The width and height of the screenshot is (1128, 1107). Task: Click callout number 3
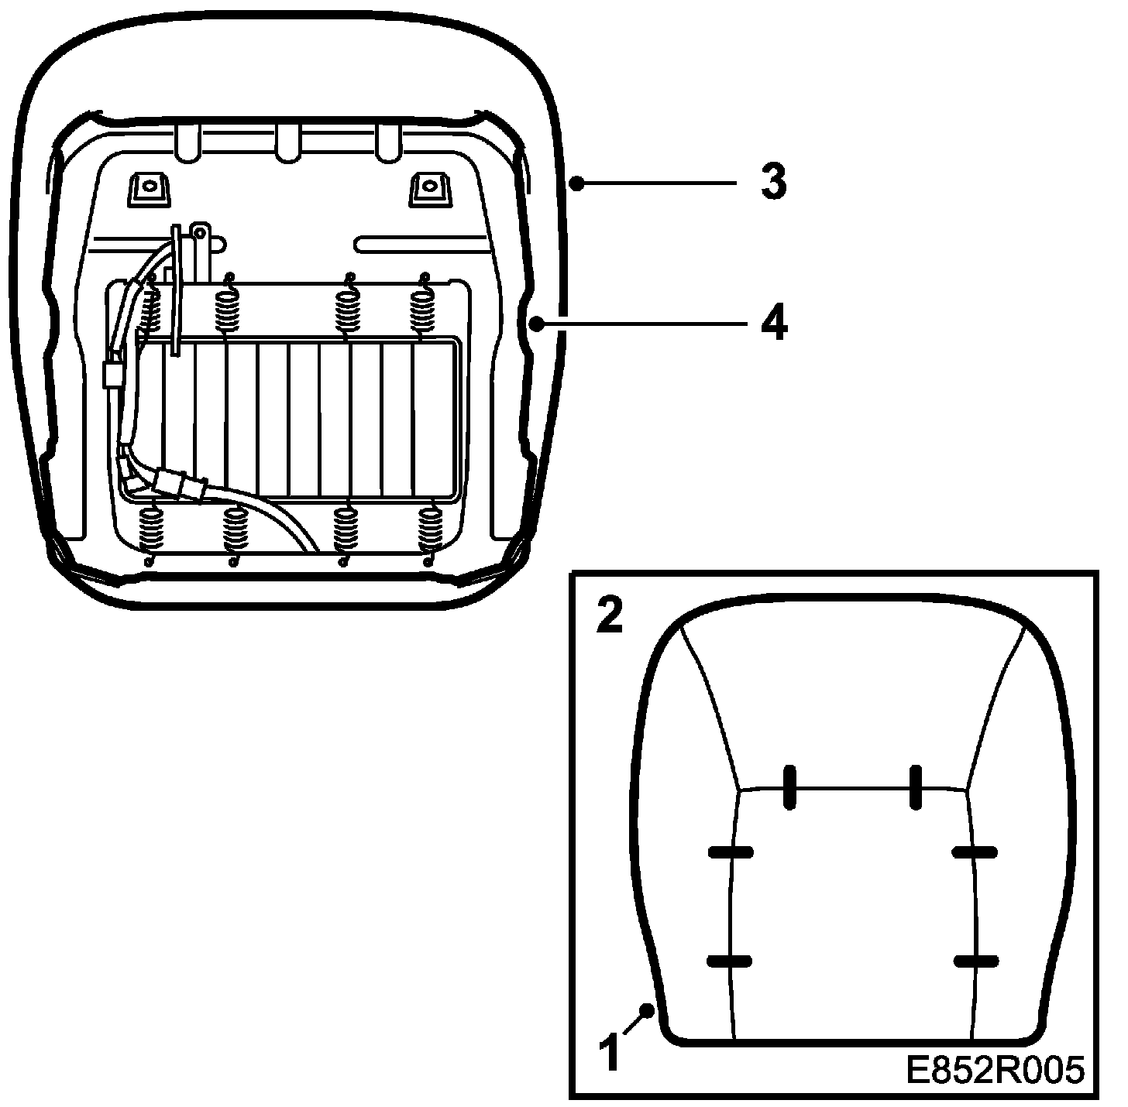pos(772,183)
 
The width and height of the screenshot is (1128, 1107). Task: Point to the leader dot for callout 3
pos(575,183)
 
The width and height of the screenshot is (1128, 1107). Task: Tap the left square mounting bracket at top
pos(147,188)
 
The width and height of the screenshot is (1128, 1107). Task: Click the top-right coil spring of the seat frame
pos(424,307)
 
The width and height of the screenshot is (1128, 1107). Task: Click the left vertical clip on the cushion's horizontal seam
pos(789,787)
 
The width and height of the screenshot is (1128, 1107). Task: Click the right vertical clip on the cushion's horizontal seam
pos(916,787)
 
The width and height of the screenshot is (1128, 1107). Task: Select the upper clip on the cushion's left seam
pos(731,852)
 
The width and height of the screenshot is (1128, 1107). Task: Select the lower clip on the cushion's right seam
pos(975,961)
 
